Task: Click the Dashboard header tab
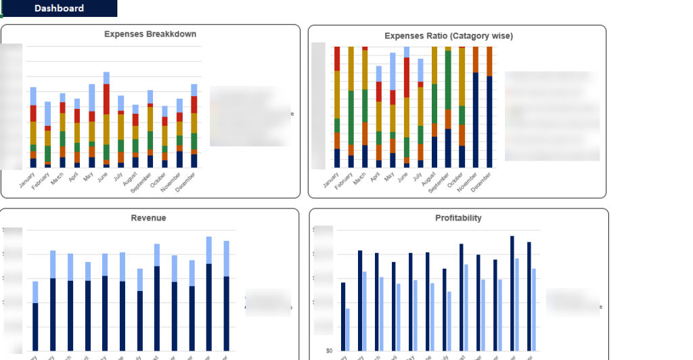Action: [59, 8]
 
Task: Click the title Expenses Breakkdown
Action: [150, 34]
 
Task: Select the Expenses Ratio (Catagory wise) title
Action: [449, 36]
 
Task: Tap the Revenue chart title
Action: [148, 218]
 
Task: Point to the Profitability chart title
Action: [458, 218]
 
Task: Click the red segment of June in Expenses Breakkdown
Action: [106, 99]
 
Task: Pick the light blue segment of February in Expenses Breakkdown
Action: [47, 113]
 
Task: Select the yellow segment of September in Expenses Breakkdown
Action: [150, 118]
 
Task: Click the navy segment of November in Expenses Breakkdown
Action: [179, 159]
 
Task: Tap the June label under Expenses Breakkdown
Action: [104, 178]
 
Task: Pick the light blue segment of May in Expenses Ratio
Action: [393, 71]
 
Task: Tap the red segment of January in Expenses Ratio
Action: [337, 59]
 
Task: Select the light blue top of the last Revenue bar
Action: [226, 258]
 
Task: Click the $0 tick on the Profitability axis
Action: [328, 351]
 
